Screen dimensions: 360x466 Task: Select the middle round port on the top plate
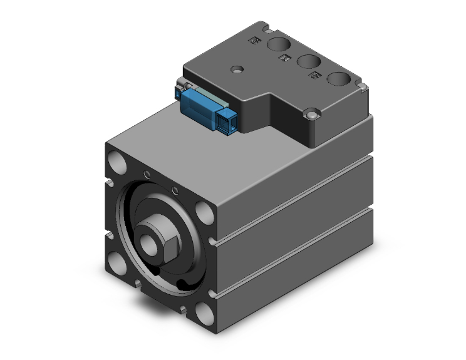point(307,61)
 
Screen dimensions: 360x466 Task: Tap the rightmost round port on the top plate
point(339,79)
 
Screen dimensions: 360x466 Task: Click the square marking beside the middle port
point(284,59)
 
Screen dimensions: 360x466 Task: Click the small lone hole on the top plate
point(236,69)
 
